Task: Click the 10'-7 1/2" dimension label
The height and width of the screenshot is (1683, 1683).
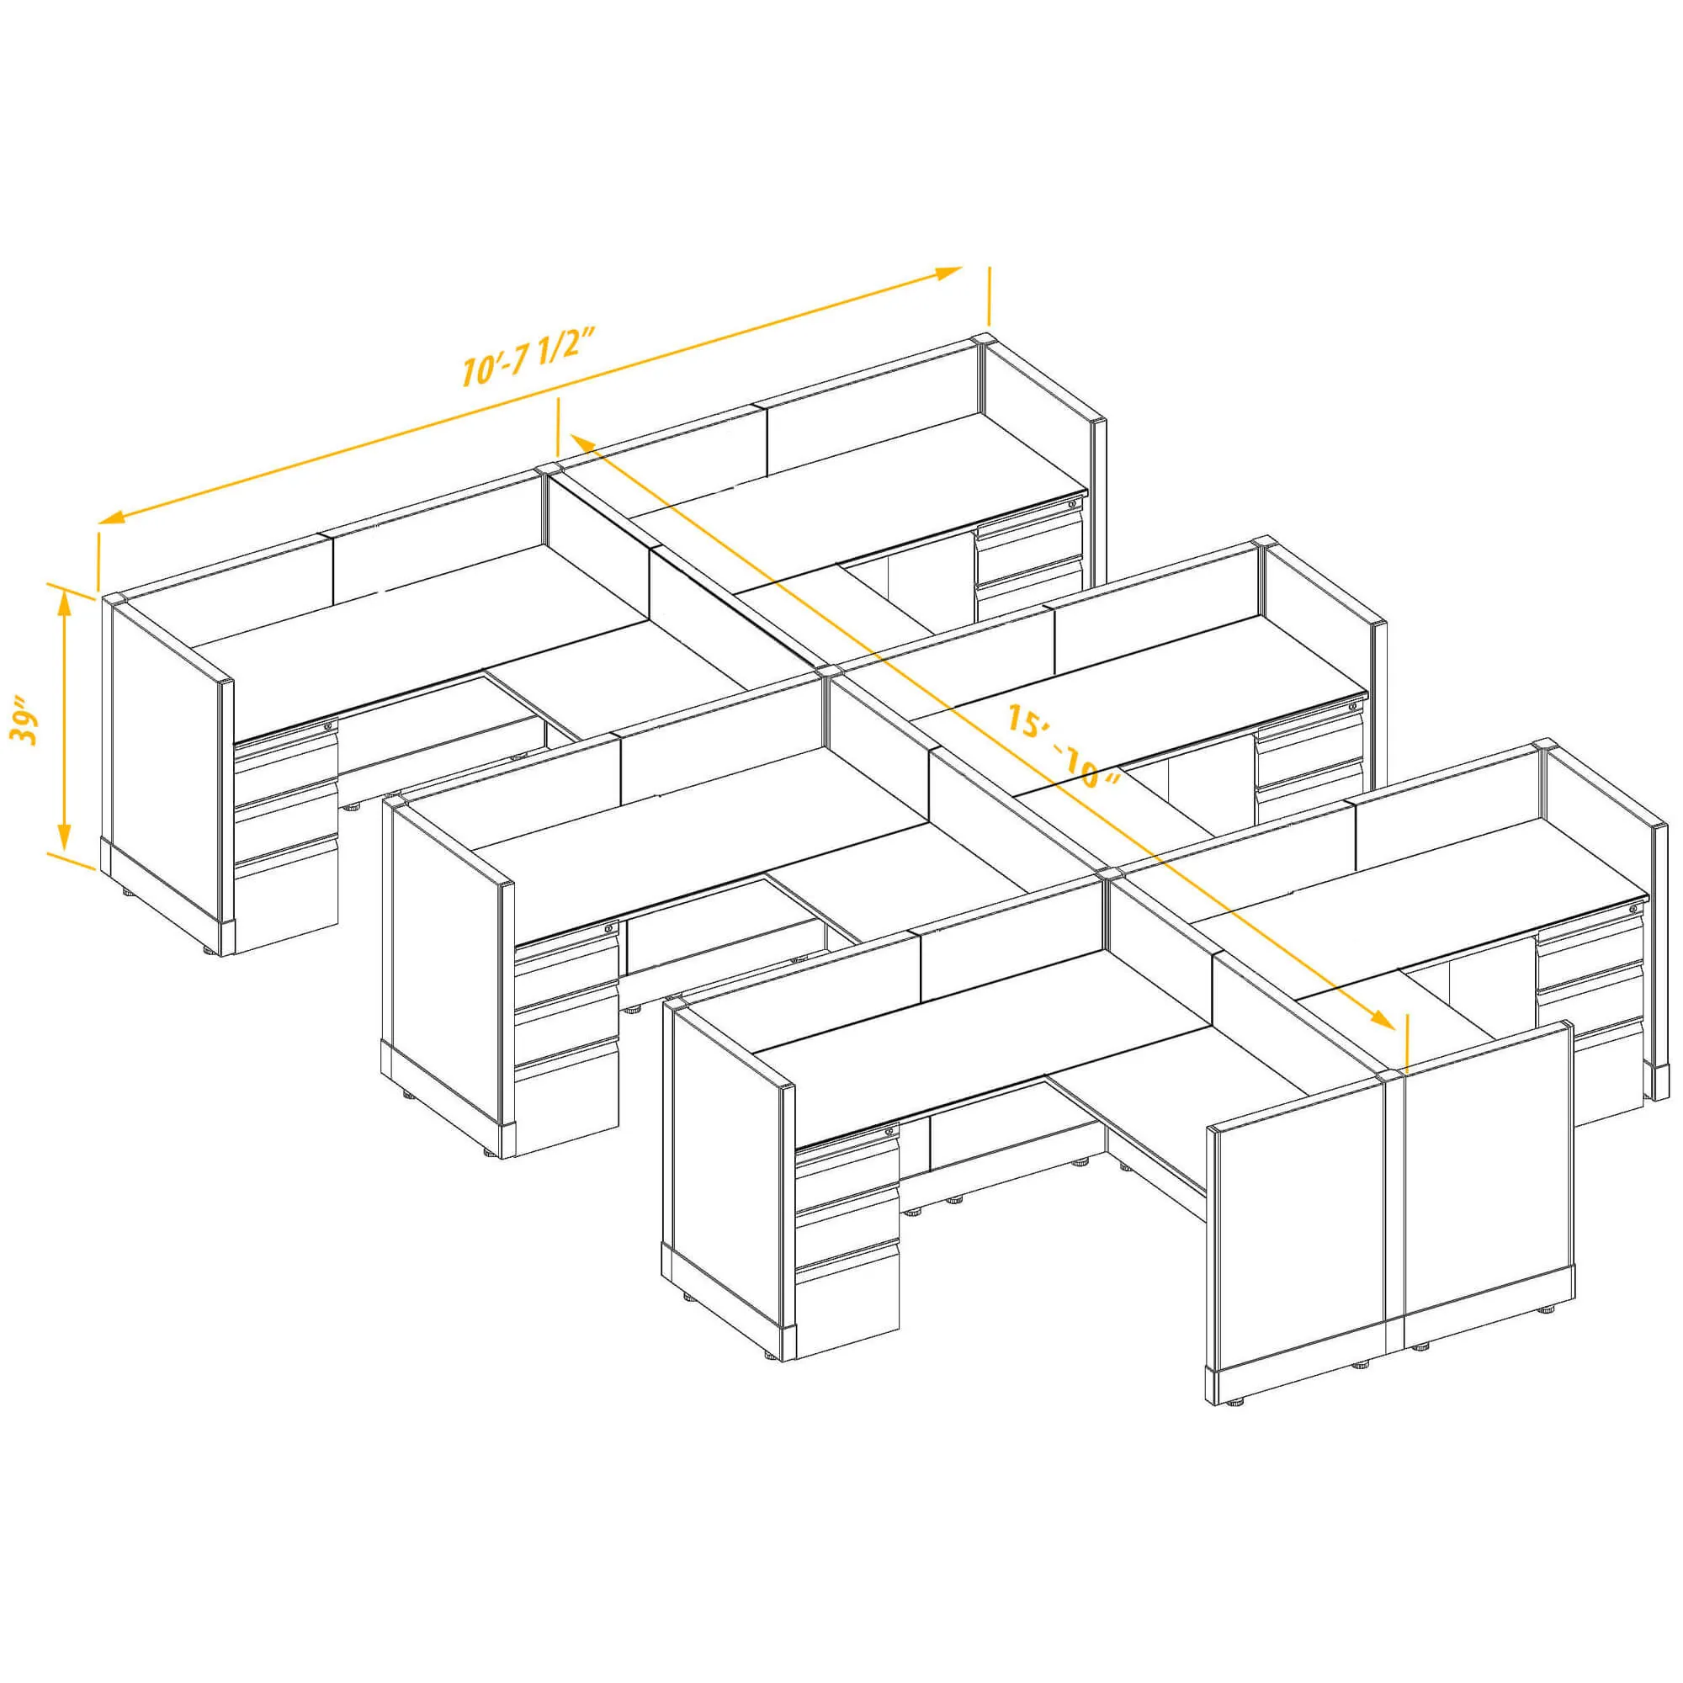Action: (x=528, y=358)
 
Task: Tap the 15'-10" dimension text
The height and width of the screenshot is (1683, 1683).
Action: (x=1062, y=746)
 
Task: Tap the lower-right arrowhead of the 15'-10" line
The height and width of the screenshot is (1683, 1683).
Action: (x=1383, y=1018)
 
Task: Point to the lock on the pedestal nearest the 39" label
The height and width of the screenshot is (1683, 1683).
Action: (x=328, y=725)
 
